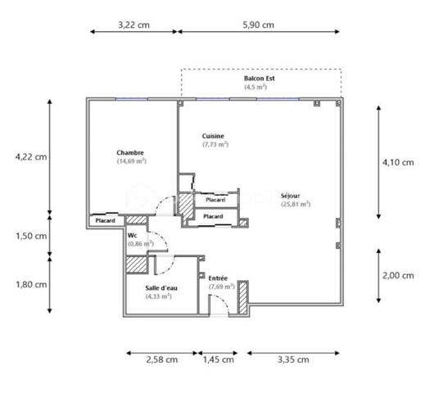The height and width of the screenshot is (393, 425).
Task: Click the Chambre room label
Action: (131, 152)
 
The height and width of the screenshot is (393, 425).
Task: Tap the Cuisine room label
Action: (213, 136)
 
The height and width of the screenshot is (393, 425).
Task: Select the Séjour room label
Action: (291, 196)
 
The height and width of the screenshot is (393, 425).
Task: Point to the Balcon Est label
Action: (260, 78)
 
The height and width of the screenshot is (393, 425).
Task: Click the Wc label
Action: (132, 234)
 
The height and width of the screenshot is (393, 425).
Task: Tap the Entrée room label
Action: (218, 278)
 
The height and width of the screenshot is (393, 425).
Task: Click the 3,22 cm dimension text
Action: (133, 25)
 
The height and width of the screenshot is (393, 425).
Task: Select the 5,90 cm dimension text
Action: (258, 25)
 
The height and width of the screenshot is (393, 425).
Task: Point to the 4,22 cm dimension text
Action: (31, 156)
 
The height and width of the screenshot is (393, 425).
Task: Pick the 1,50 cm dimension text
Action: (31, 236)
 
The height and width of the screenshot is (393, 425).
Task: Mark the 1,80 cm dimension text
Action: (31, 284)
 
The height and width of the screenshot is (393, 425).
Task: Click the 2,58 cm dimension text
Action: (161, 359)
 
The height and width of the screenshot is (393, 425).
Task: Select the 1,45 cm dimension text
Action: (218, 359)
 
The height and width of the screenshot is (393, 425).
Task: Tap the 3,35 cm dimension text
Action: (292, 359)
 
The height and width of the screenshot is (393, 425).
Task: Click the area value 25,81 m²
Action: (295, 205)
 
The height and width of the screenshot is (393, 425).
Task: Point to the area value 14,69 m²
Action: (131, 161)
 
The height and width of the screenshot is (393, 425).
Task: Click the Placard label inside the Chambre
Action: (105, 220)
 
